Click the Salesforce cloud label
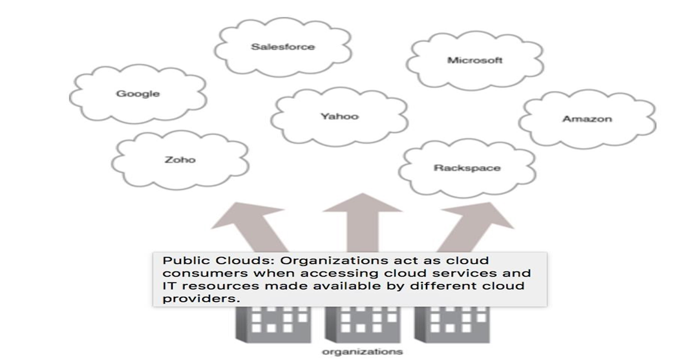(282, 47)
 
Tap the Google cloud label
(138, 94)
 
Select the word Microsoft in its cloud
(474, 60)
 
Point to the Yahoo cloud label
(339, 116)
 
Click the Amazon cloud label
(586, 119)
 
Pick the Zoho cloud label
(180, 160)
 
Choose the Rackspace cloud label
(467, 168)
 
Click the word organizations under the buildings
(362, 352)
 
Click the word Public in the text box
(178, 261)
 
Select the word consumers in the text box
(192, 273)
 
